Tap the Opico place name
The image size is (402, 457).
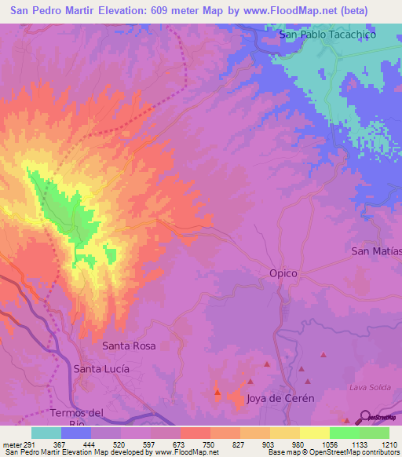[283, 273]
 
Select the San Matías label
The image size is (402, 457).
[376, 251]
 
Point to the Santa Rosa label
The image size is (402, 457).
[129, 345]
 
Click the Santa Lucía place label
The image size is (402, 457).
[100, 367]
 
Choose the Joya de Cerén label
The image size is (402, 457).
[280, 398]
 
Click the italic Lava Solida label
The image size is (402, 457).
[369, 388]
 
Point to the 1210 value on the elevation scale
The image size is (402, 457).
[388, 443]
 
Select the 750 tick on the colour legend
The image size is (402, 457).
[210, 443]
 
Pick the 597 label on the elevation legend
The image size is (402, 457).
[150, 443]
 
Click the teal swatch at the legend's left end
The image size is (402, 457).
[46, 433]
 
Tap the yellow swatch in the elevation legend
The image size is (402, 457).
[314, 433]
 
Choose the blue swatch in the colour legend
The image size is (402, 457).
[76, 433]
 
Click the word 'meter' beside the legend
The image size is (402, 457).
[12, 443]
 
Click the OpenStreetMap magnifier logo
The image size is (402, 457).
[364, 416]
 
